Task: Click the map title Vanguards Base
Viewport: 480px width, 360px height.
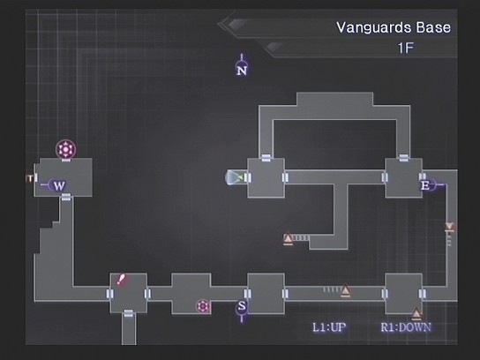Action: (394, 27)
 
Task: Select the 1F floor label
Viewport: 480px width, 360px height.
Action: (406, 48)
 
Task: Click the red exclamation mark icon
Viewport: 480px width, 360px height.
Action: (121, 279)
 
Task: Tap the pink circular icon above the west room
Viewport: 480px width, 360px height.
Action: (65, 149)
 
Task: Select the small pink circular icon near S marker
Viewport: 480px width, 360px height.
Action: (203, 306)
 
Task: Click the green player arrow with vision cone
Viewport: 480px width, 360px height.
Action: (236, 177)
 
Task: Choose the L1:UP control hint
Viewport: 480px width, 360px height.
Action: (329, 327)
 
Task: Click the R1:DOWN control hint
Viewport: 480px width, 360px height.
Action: (406, 327)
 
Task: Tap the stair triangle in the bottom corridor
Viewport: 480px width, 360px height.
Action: (345, 290)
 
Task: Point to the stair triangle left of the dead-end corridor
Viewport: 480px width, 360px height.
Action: (288, 238)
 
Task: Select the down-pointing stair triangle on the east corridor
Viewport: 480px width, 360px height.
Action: (449, 227)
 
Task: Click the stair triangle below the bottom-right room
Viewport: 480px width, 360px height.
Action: (416, 313)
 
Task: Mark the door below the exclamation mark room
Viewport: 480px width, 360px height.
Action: (129, 313)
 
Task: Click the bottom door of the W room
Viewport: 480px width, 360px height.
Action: (66, 197)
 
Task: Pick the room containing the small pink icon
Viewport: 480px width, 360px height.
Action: (191, 294)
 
